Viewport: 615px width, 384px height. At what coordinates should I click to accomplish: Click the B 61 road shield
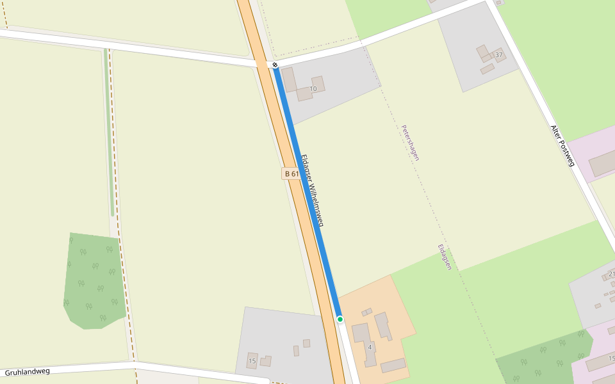click(291, 173)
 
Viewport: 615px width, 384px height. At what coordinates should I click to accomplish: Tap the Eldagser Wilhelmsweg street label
click(312, 191)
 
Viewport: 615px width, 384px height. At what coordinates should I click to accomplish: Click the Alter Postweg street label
click(563, 145)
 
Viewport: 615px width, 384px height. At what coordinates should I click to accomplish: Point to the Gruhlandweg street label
click(27, 372)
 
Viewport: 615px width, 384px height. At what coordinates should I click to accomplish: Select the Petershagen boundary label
click(410, 143)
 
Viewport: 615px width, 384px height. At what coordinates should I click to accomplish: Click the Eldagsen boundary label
click(445, 257)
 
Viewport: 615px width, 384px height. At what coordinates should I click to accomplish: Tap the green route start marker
click(340, 319)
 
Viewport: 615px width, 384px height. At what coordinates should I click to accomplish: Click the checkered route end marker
click(275, 65)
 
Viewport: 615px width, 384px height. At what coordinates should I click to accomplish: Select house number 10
click(313, 88)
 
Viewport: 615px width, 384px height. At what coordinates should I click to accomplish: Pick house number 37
click(499, 54)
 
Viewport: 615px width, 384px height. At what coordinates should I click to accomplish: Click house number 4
click(370, 347)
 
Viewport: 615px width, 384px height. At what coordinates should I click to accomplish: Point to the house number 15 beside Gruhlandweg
click(252, 362)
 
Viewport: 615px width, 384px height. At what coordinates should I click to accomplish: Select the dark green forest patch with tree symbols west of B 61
click(93, 282)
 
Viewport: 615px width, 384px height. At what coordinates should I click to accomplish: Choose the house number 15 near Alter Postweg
click(611, 358)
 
